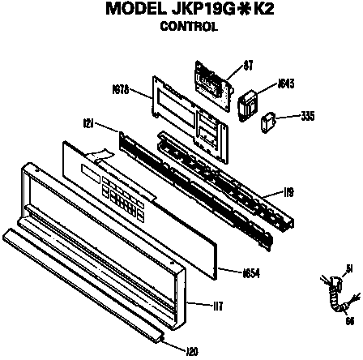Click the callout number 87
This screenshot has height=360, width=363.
(x=249, y=65)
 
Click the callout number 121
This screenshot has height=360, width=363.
(x=89, y=123)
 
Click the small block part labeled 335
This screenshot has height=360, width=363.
(x=267, y=122)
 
